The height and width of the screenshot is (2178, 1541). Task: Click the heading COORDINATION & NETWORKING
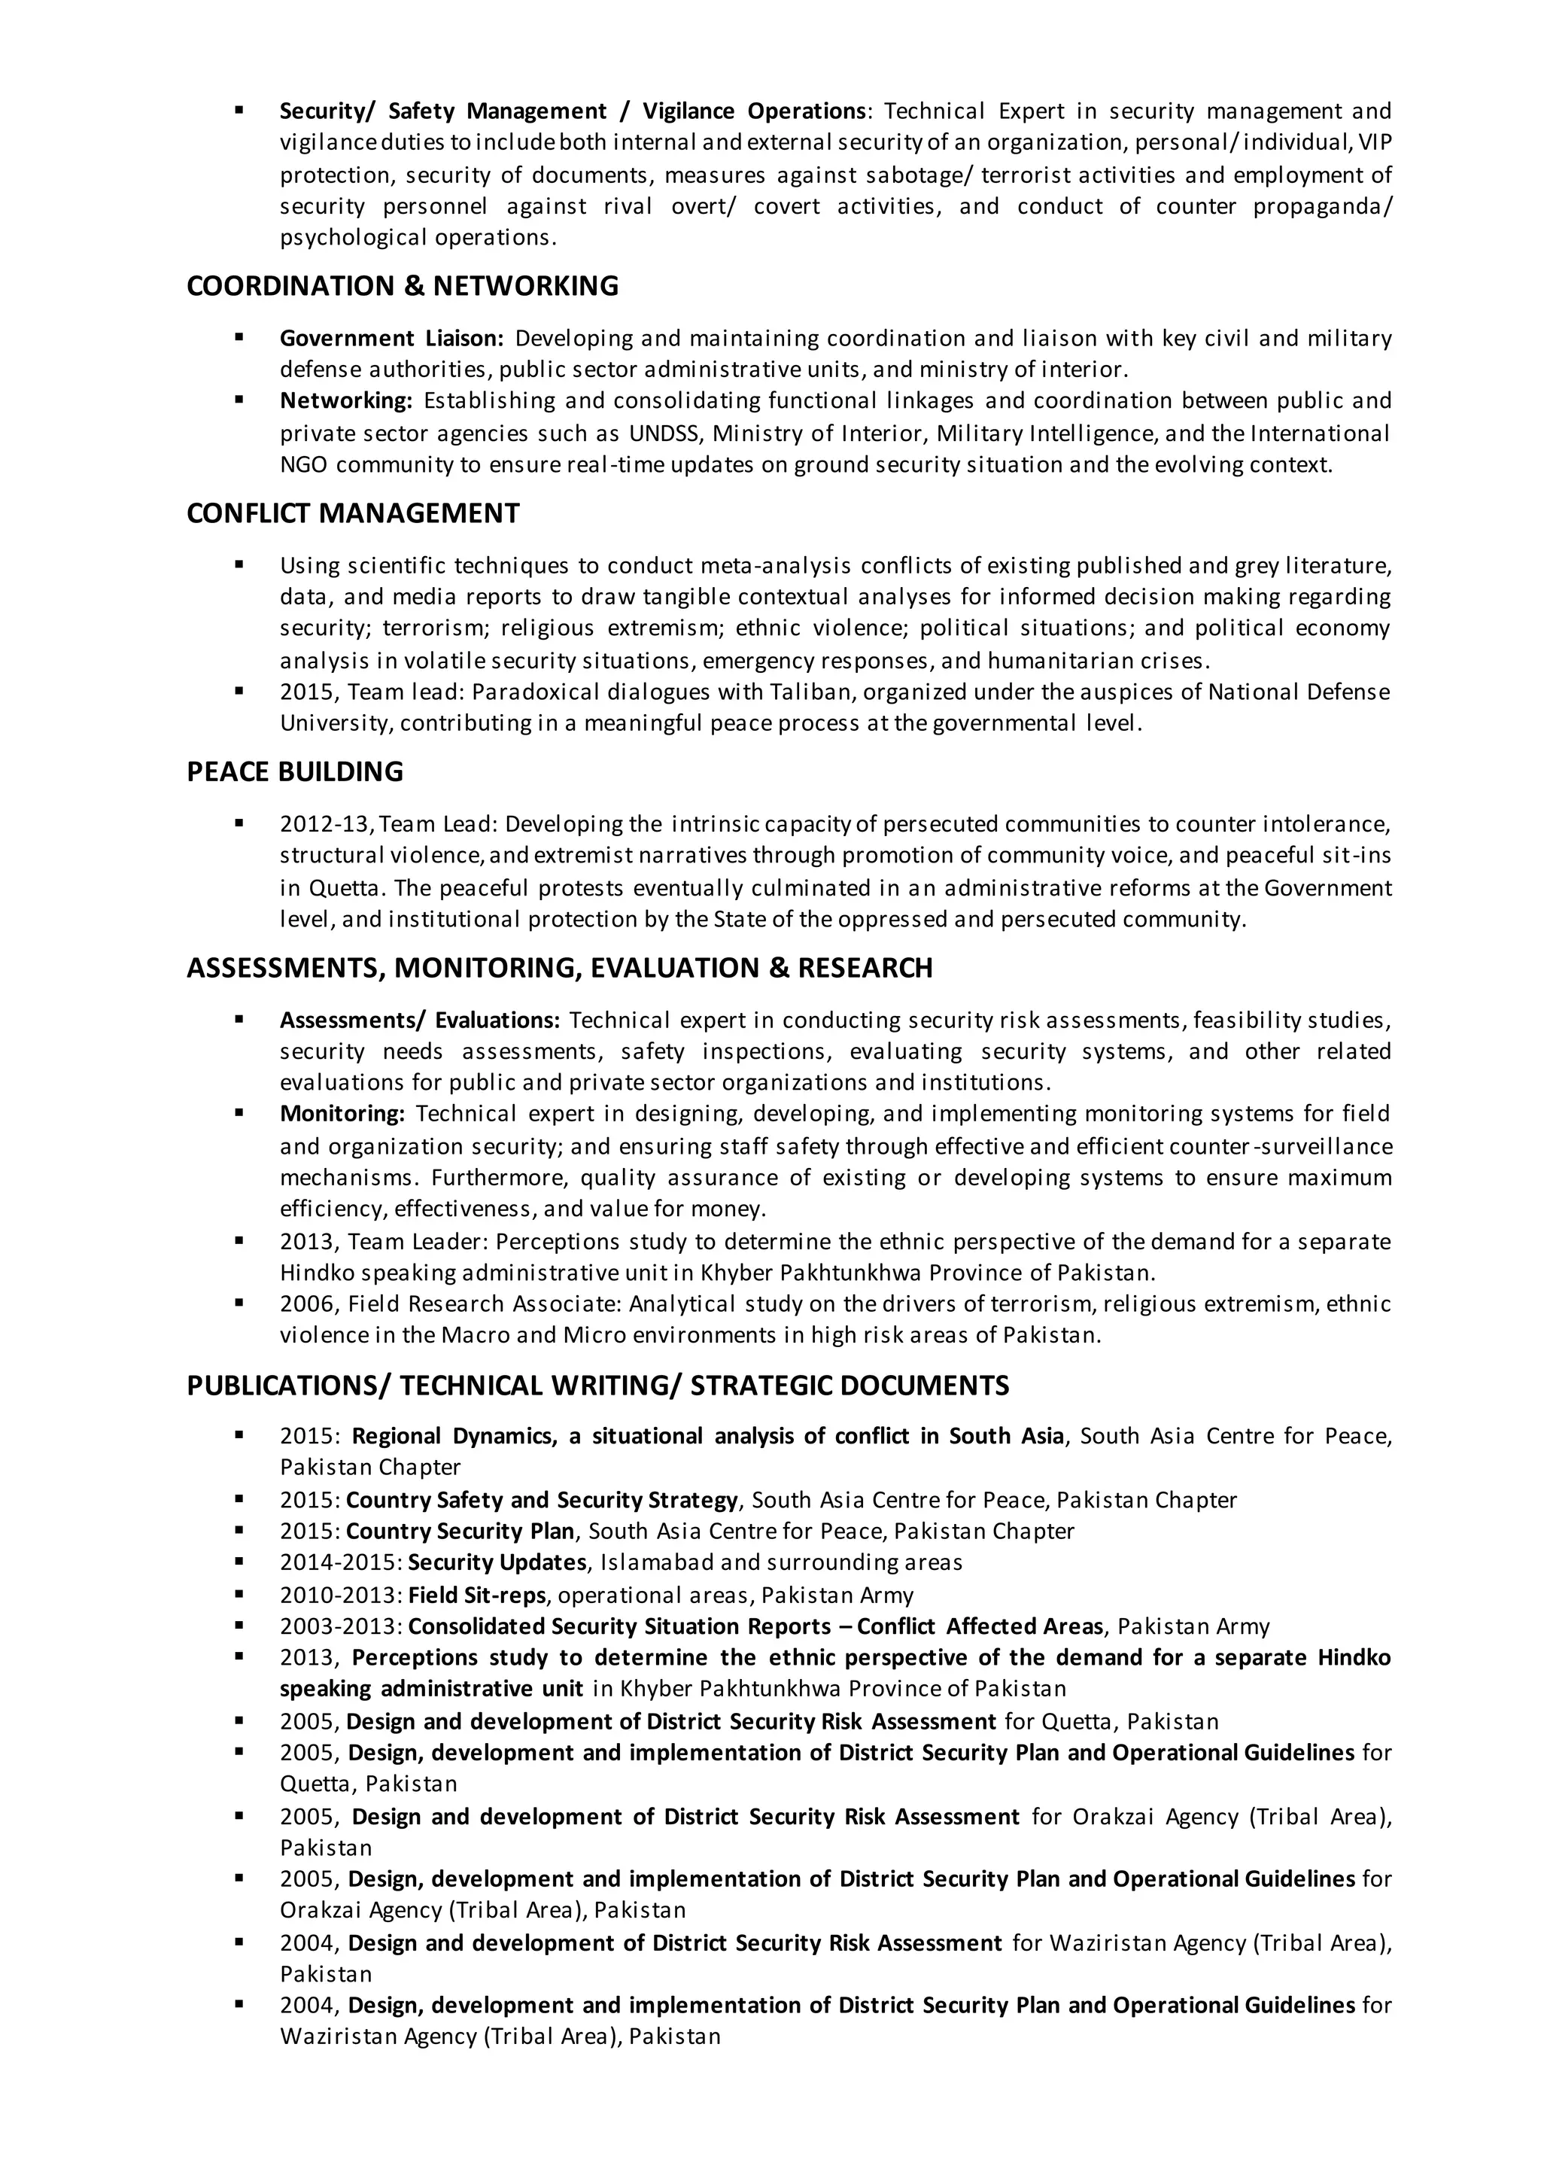[x=403, y=286]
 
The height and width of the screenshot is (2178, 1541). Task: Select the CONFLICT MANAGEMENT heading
[x=353, y=513]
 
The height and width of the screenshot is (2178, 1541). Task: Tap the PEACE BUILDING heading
[x=294, y=771]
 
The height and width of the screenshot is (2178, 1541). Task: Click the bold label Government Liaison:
[x=391, y=339]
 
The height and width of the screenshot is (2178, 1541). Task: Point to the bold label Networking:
[x=345, y=400]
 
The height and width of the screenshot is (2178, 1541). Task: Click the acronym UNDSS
[x=664, y=433]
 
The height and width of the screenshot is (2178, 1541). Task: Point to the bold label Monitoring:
[x=342, y=1113]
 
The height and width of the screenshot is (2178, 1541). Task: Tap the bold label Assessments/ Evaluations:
[x=419, y=1021]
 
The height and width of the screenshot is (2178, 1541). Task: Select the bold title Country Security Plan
[x=460, y=1532]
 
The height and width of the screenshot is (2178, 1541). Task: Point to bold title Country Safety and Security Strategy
[x=542, y=1501]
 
